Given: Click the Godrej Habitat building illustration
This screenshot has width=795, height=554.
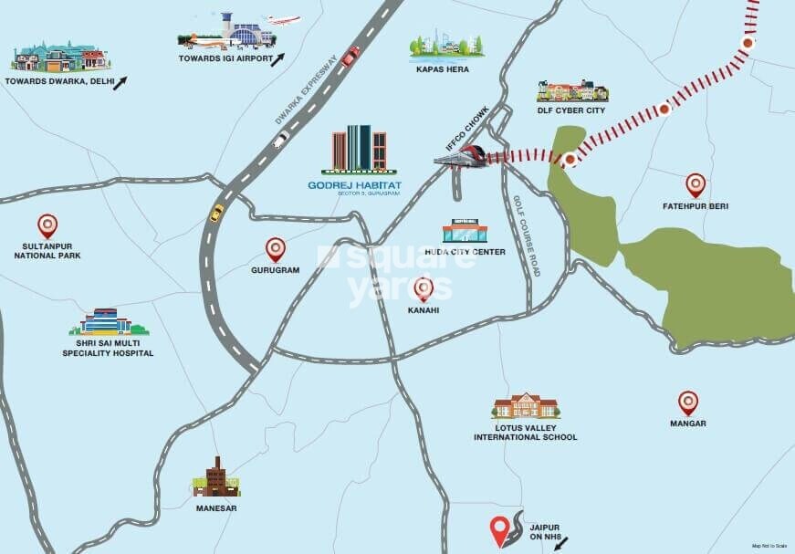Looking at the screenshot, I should (x=360, y=149).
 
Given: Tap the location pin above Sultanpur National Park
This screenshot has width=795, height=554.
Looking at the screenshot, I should (x=47, y=225).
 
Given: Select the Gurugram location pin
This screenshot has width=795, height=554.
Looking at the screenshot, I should (x=275, y=248).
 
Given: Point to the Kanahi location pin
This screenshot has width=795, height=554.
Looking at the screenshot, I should (x=424, y=289).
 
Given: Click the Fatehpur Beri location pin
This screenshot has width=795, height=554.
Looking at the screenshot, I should (x=696, y=185).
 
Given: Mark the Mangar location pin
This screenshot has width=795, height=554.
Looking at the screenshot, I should (x=688, y=402).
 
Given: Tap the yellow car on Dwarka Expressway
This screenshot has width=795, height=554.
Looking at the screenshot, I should (x=217, y=213).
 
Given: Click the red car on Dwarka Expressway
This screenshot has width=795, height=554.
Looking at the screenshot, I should (x=350, y=56).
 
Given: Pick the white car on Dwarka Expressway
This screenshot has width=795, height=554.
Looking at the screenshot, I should (x=281, y=140).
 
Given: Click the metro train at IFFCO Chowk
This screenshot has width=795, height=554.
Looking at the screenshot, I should (x=463, y=156).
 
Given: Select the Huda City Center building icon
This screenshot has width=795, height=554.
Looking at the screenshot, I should (x=465, y=232).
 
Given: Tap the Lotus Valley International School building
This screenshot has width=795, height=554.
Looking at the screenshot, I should (x=525, y=407).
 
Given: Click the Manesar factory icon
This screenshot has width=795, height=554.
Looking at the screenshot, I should (x=215, y=477).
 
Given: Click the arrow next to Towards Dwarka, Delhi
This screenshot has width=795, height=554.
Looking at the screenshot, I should (x=120, y=81).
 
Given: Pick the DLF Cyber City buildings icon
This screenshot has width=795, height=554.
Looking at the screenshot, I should (x=572, y=91).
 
